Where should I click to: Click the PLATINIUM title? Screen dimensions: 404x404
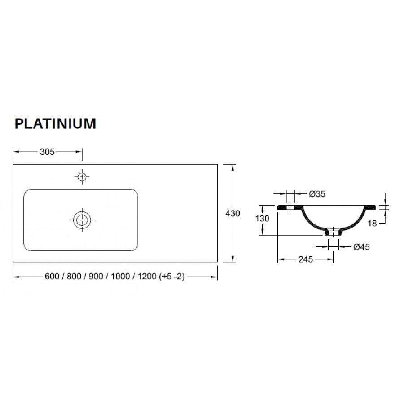click(55, 123)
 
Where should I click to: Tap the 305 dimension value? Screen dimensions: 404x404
click(47, 152)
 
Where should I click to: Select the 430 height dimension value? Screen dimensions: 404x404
click(233, 213)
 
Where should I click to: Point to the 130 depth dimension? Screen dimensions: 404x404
click(262, 219)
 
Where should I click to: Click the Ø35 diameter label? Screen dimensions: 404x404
click(317, 194)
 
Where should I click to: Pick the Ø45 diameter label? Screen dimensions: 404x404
click(361, 247)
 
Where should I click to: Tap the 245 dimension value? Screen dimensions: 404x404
click(306, 259)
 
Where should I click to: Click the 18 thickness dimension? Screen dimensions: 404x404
click(372, 224)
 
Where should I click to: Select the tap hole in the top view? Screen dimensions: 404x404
click(82, 177)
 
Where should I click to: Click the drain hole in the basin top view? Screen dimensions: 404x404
click(82, 220)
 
